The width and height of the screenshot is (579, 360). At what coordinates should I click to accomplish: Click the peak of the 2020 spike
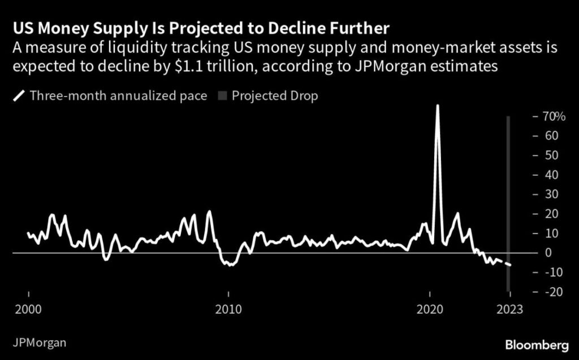tap(437, 106)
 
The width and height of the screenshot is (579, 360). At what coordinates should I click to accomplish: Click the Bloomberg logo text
tap(537, 344)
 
